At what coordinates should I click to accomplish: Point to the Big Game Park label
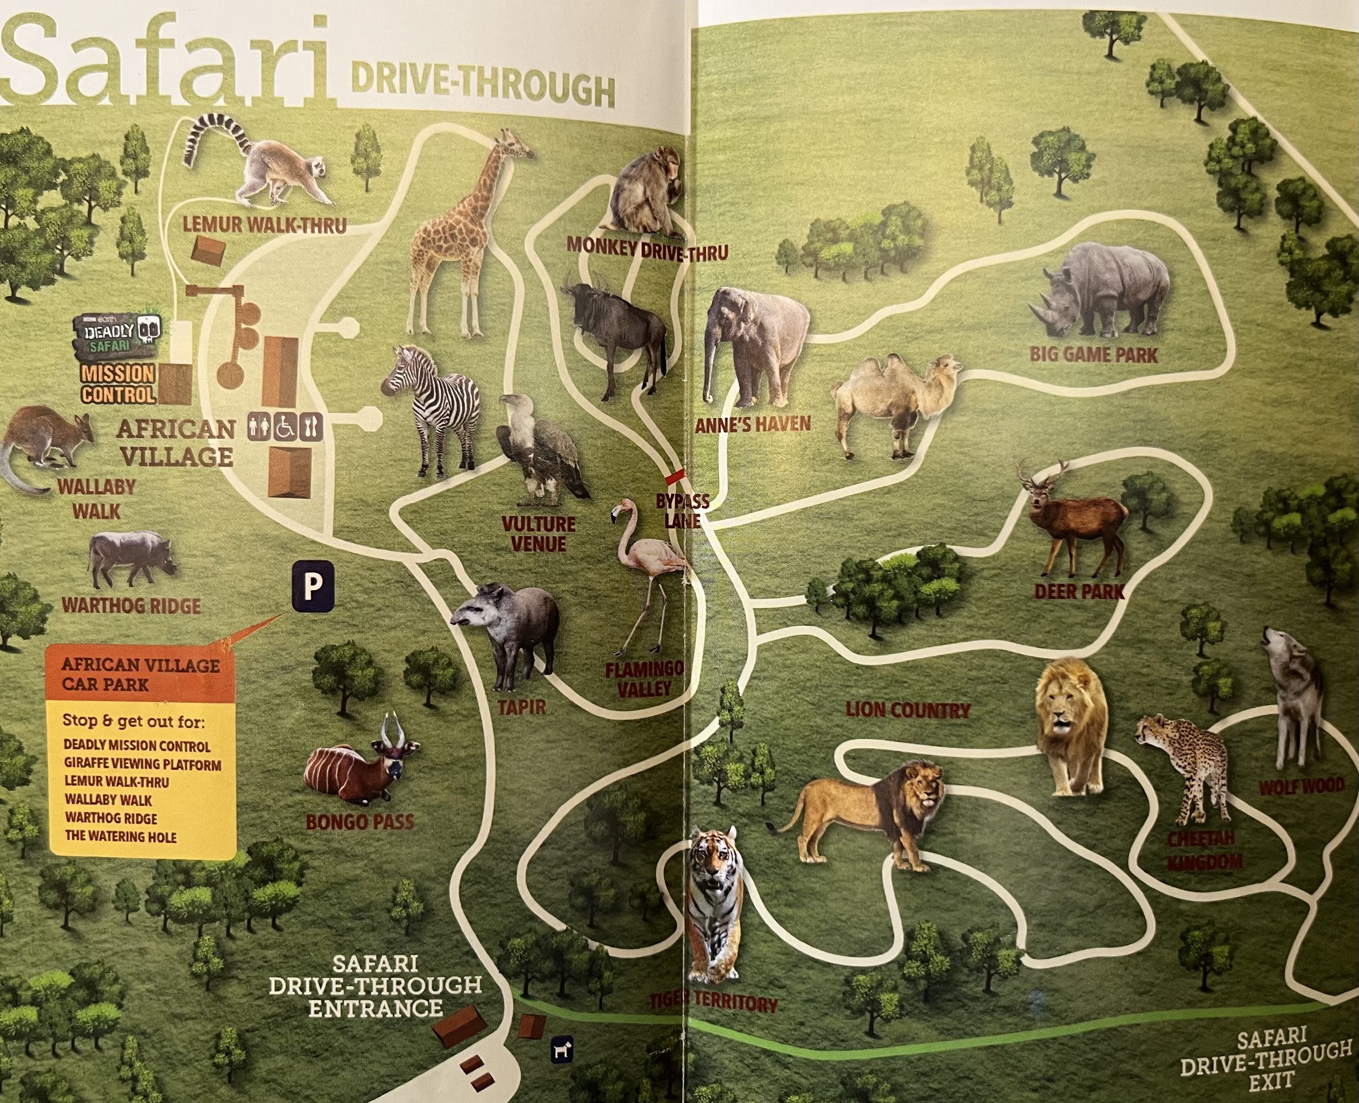click(x=1093, y=354)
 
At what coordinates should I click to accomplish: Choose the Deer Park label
click(x=1079, y=592)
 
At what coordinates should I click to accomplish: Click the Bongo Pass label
click(x=360, y=822)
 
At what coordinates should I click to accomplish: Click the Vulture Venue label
click(x=538, y=534)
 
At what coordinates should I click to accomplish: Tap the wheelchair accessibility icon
click(x=285, y=427)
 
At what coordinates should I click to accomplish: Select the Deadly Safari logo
click(x=118, y=334)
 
